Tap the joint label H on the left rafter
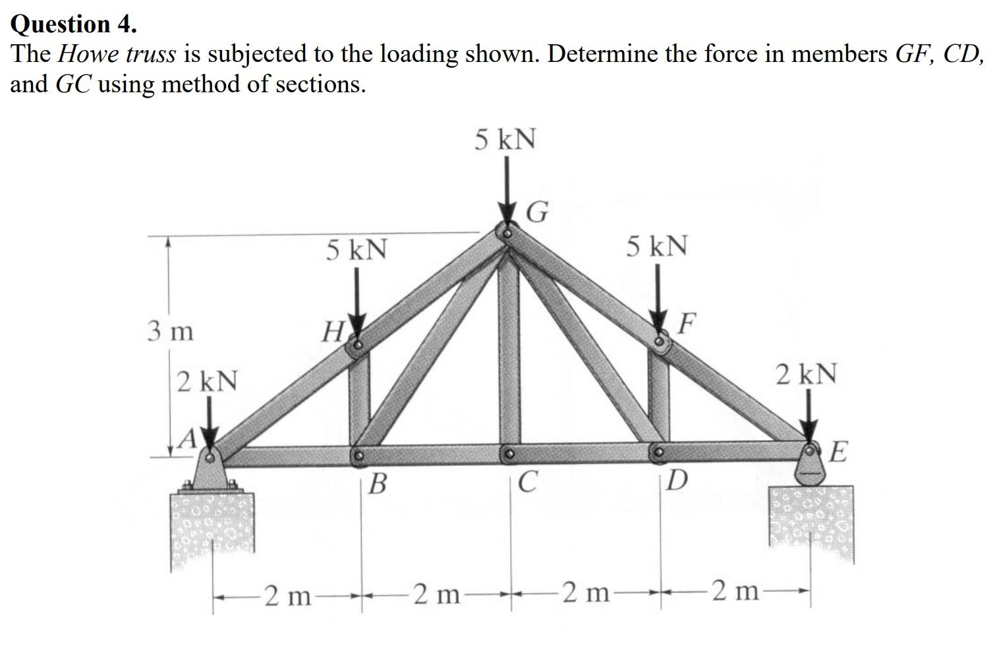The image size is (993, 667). [x=331, y=330]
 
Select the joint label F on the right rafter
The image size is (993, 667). [x=687, y=323]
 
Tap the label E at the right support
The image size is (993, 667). [x=837, y=453]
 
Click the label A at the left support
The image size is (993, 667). [x=189, y=438]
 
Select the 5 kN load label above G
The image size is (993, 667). [x=505, y=140]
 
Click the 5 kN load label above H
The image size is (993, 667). [x=356, y=250]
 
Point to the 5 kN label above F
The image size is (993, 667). [x=657, y=246]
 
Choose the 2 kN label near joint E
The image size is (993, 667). [x=807, y=374]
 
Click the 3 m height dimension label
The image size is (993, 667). [x=170, y=331]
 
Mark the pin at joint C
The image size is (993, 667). [x=509, y=454]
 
